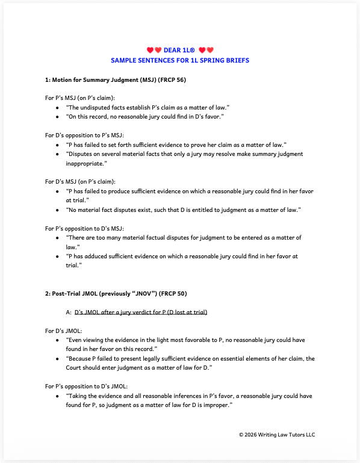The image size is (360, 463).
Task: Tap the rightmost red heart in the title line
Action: pos(211,50)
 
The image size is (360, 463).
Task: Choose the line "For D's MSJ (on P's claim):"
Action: pos(81,181)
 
